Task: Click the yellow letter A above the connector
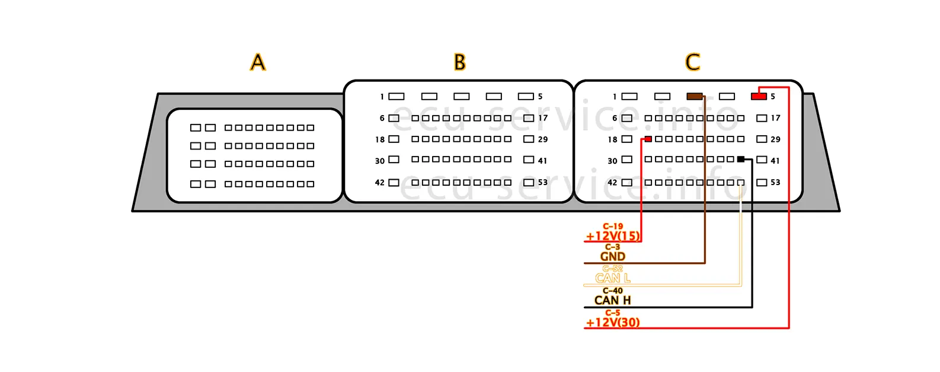[257, 62]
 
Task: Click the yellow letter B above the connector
[459, 62]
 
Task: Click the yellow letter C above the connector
[692, 62]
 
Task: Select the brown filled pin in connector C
[695, 96]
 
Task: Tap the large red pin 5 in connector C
[759, 96]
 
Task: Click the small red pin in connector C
[648, 139]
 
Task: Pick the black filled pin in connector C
[741, 159]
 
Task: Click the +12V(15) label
[613, 236]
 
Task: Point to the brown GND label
[613, 257]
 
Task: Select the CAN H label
[613, 300]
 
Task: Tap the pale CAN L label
[613, 278]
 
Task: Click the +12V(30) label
[613, 323]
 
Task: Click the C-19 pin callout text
[613, 226]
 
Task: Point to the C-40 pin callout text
[613, 291]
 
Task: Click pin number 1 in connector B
[382, 97]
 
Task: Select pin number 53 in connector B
[543, 183]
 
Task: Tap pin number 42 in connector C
[612, 183]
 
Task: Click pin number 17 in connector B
[543, 118]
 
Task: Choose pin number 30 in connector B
[379, 161]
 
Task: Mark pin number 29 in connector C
[775, 139]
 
